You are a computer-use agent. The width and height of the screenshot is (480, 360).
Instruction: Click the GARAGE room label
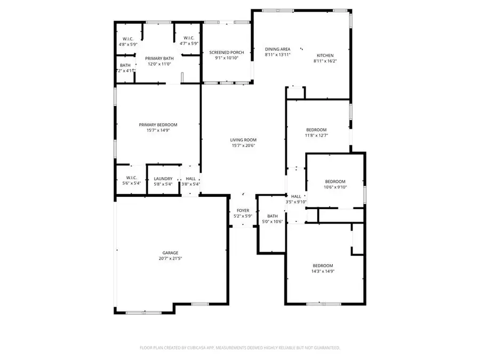coord(170,253)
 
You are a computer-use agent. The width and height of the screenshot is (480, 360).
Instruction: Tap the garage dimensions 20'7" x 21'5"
coord(170,259)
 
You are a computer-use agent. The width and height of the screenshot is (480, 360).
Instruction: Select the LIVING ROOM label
coord(243,140)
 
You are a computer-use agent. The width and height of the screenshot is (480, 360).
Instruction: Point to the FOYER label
coord(243,211)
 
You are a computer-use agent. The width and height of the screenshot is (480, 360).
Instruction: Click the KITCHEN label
coord(325,55)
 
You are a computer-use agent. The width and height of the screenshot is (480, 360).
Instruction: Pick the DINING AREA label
coord(277,49)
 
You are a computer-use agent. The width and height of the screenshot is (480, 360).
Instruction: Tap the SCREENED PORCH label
coord(227,52)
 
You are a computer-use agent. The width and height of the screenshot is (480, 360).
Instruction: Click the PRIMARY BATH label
coord(158,58)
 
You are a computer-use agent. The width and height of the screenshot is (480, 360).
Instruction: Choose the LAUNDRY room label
coord(163,179)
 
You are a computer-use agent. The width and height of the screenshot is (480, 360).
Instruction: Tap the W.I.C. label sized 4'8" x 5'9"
coord(128,38)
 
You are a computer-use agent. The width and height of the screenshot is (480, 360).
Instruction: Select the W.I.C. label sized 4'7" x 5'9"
coord(189,38)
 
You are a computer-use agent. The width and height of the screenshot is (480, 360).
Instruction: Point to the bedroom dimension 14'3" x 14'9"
coord(323,271)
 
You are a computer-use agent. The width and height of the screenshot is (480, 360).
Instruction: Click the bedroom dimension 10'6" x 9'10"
coord(335,187)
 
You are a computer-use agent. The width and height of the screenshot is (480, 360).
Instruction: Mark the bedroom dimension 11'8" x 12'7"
coord(316,135)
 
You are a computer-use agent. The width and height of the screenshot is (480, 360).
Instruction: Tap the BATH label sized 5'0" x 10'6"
coord(273,216)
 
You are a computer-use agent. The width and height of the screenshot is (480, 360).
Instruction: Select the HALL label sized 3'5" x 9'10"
coord(296,196)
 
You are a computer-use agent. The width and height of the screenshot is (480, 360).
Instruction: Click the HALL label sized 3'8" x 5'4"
coord(190,179)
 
